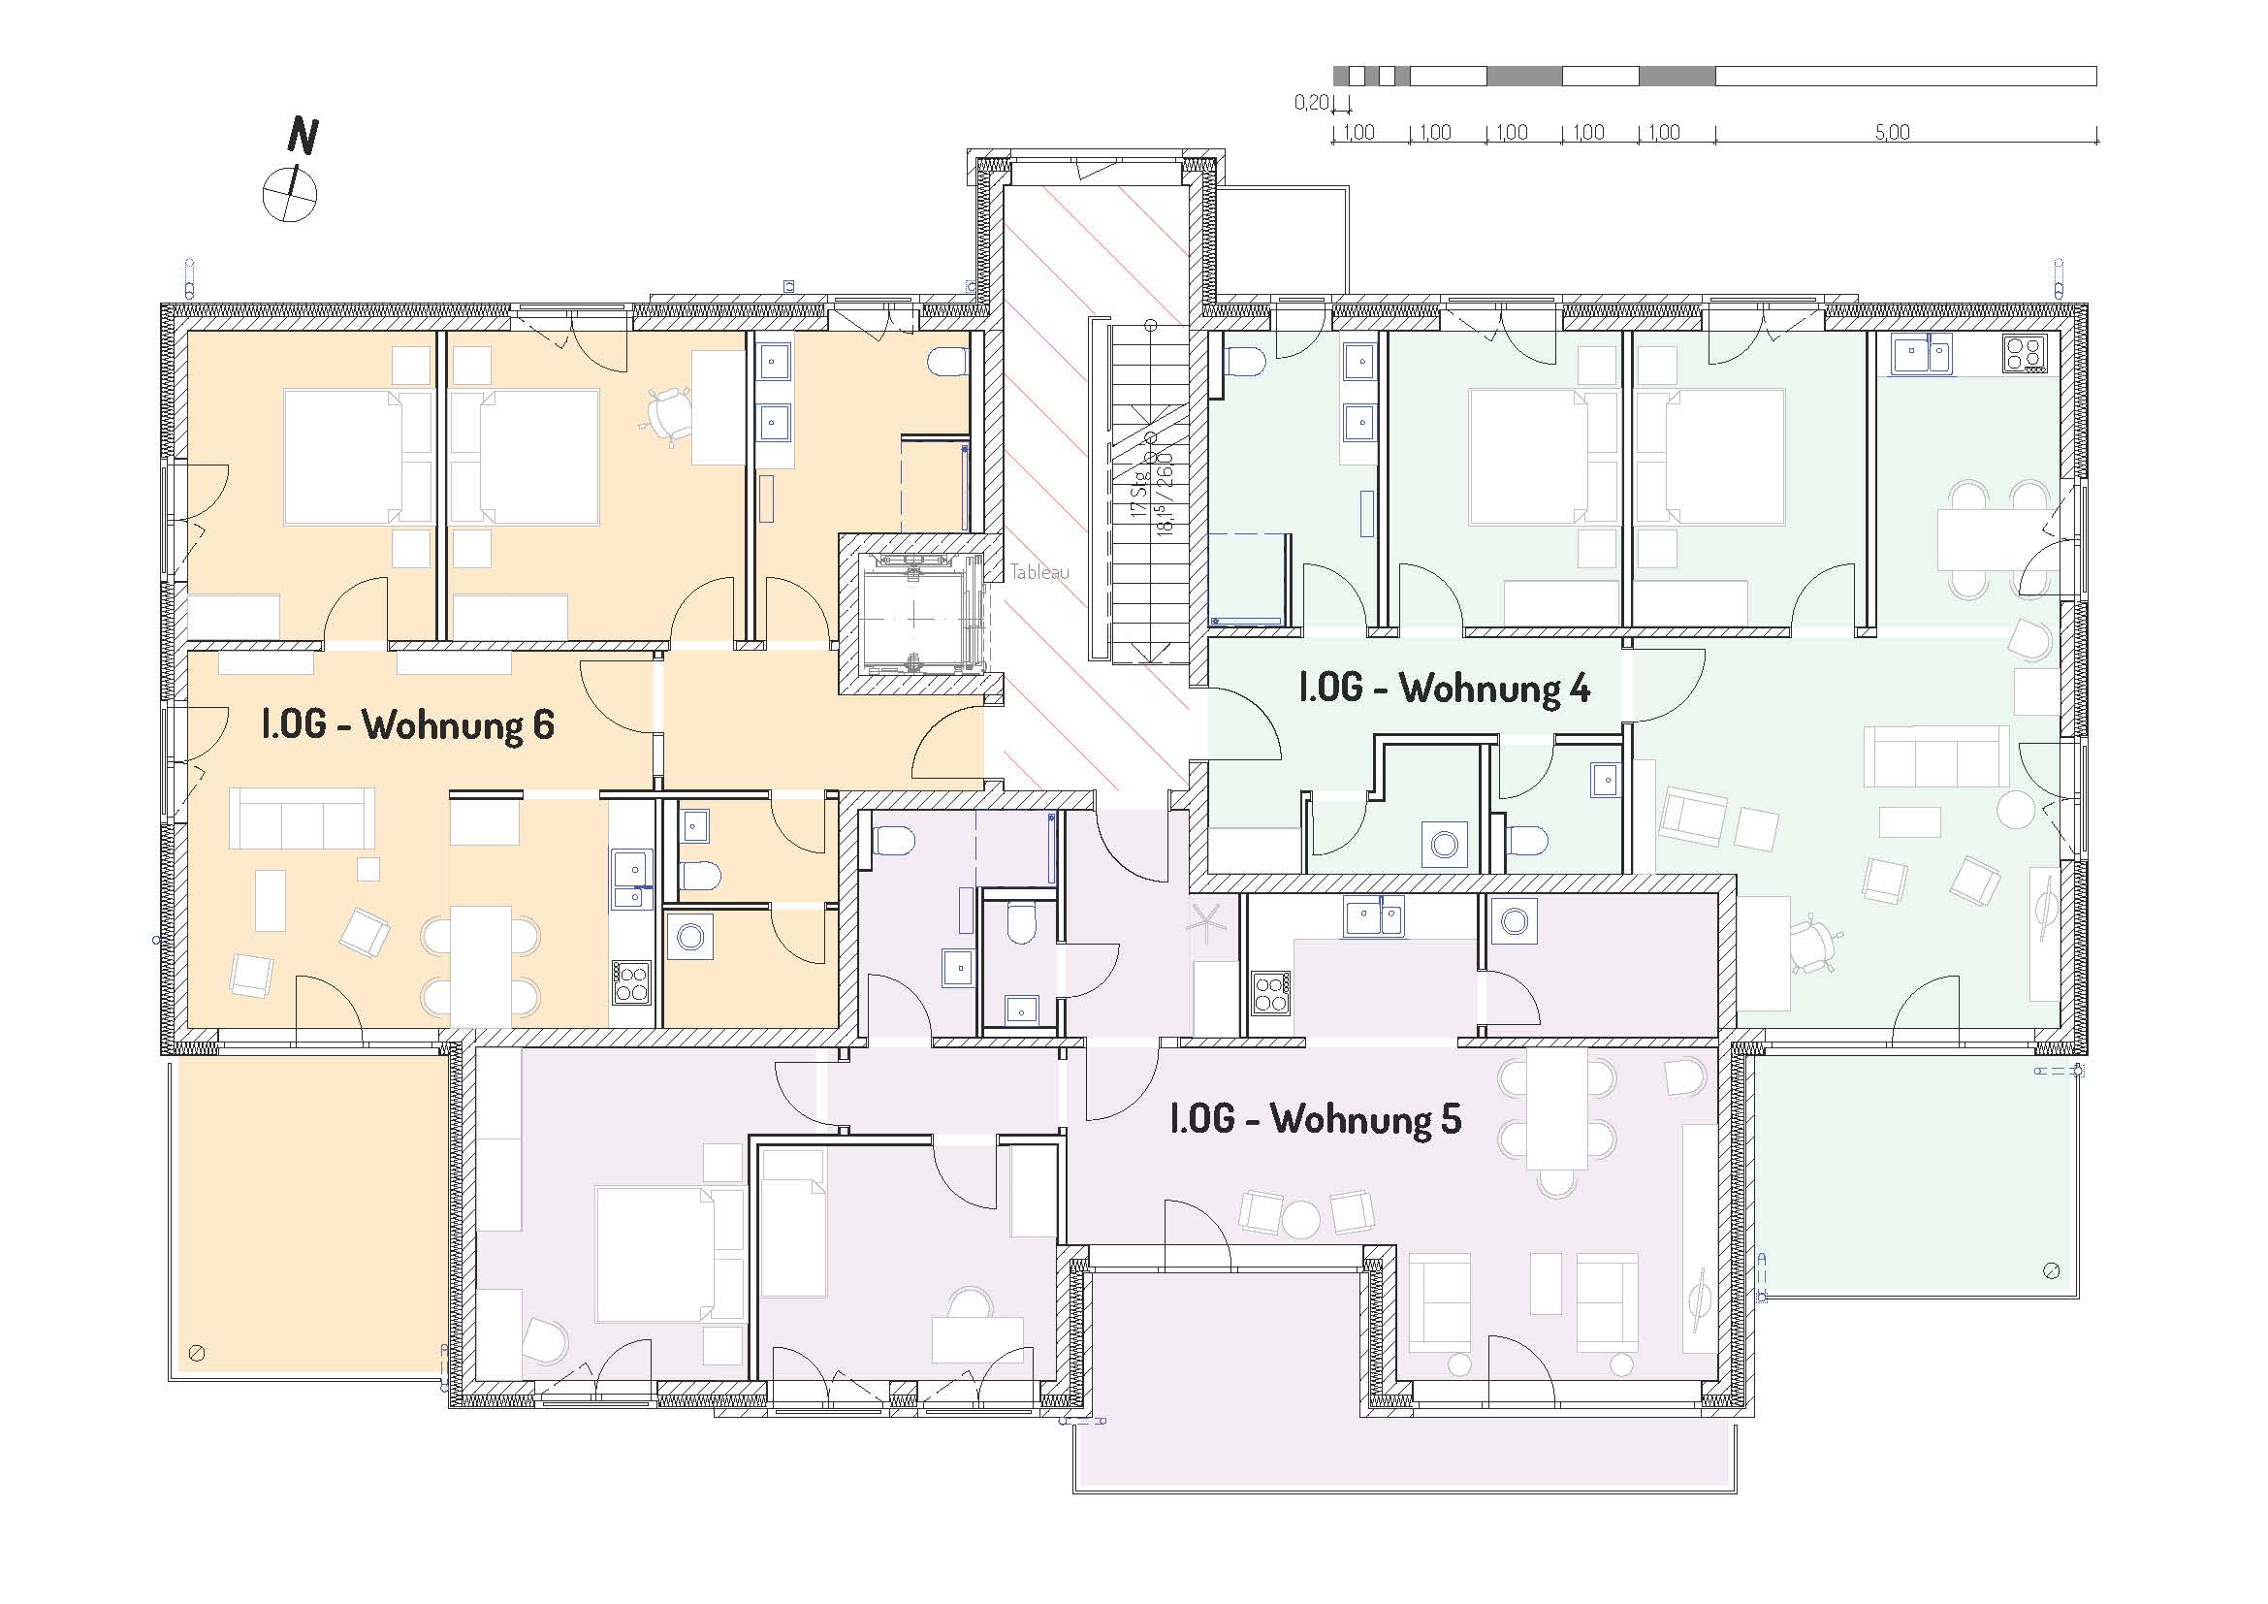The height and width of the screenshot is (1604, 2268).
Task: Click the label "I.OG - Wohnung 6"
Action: pos(407,725)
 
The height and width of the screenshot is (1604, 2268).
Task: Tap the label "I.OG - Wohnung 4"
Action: pos(1444,689)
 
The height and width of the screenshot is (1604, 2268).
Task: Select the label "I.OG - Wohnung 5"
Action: pos(1315,1120)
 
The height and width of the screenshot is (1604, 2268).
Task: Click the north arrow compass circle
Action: pos(291,194)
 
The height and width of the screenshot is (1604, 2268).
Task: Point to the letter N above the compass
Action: pos(303,137)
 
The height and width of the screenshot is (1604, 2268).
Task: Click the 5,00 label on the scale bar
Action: pos(1892,132)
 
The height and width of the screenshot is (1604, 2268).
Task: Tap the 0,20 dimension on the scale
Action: pos(1311,103)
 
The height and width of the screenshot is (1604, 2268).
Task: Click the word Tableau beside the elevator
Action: pos(1039,572)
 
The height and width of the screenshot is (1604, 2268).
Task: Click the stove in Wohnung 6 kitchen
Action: pos(632,981)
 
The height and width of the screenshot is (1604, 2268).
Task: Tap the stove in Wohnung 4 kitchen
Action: pos(2024,354)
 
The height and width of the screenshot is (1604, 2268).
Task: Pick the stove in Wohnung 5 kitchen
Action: pos(1271,993)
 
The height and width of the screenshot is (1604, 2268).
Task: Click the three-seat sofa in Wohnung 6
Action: pos(303,818)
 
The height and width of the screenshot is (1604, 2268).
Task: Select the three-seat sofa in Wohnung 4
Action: pos(1936,756)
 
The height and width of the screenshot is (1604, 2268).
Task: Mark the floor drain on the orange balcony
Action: pos(197,1353)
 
